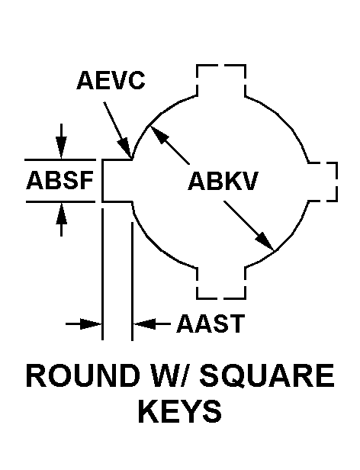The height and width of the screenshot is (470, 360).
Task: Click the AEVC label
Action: pyautogui.click(x=111, y=80)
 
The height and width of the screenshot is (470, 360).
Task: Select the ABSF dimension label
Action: pyautogui.click(x=60, y=180)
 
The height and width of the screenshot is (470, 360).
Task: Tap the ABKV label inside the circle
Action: pyautogui.click(x=223, y=182)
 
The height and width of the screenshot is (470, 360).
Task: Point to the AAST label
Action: pyautogui.click(x=211, y=324)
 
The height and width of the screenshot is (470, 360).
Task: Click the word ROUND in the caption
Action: pyautogui.click(x=84, y=375)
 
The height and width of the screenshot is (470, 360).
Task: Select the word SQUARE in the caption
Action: pyautogui.click(x=268, y=375)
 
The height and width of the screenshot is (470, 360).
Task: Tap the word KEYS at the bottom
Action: pyautogui.click(x=180, y=411)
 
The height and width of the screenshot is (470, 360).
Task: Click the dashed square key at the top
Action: pyautogui.click(x=221, y=80)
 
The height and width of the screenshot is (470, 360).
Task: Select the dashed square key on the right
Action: pyautogui.click(x=323, y=182)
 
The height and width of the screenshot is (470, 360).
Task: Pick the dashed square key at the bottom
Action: pyautogui.click(x=221, y=282)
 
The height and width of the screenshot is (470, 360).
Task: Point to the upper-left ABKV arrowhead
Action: pyautogui.click(x=158, y=135)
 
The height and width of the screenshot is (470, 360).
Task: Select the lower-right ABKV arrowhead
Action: pyautogui.click(x=265, y=241)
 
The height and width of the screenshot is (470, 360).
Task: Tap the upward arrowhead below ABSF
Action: pyautogui.click(x=62, y=214)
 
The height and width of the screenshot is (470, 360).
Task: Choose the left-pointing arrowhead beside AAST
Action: pyautogui.click(x=144, y=324)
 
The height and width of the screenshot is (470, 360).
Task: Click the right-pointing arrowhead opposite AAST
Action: pyautogui.click(x=91, y=324)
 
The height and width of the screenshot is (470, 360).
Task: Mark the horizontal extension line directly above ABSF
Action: pyautogui.click(x=60, y=159)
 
